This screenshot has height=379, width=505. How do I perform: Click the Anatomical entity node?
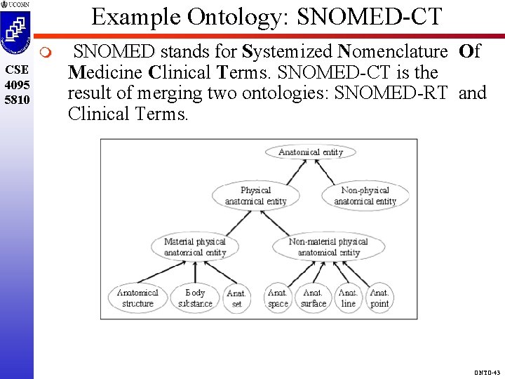click(311, 152)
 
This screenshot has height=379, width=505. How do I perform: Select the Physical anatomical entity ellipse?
click(255, 196)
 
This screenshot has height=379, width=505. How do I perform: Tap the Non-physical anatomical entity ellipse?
click(365, 196)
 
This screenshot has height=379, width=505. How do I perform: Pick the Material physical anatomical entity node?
click(195, 247)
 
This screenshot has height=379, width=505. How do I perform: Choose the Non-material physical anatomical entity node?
click(328, 247)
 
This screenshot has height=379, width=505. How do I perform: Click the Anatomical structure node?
click(137, 298)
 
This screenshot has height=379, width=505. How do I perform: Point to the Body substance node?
click(195, 298)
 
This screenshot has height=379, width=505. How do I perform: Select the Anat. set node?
click(237, 298)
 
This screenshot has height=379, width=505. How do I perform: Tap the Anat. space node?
click(278, 298)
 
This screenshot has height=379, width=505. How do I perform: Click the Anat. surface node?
click(313, 298)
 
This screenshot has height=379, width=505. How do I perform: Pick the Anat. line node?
click(348, 298)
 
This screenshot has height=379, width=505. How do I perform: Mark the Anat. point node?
click(379, 298)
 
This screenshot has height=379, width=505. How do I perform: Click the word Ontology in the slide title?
click(234, 17)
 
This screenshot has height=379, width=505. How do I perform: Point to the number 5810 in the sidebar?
click(17, 100)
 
